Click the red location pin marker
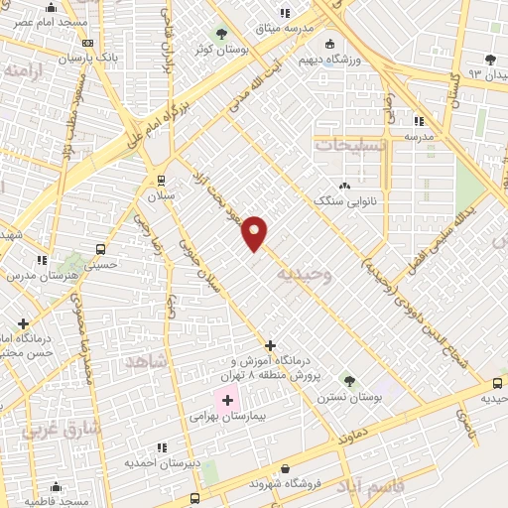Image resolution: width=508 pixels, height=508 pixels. click(255, 232)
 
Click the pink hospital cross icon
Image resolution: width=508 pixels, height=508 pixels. click(227, 401)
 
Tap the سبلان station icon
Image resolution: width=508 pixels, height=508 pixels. click(161, 180)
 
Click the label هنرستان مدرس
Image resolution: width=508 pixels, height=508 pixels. click(42, 275)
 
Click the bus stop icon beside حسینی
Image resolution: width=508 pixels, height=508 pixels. click(100, 248)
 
